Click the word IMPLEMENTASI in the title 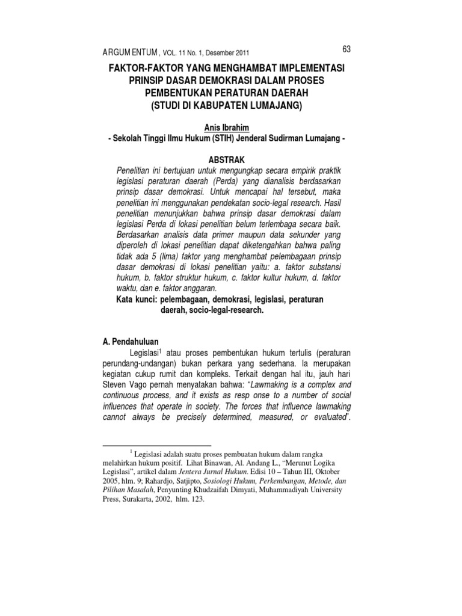pos(314,70)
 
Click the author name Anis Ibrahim pos(231,128)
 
